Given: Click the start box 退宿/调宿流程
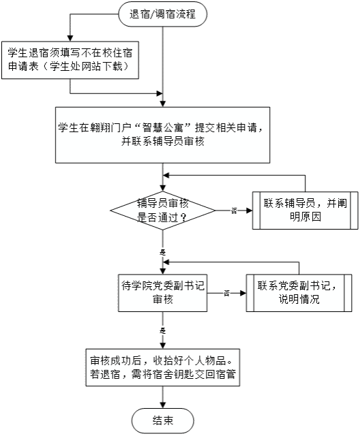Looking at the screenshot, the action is (163, 14).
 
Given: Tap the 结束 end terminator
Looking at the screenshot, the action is (163, 420).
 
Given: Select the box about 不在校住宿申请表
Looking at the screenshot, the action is (70, 60).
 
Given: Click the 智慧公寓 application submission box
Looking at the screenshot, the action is (163, 135).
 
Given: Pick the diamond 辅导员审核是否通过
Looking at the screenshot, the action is (163, 211).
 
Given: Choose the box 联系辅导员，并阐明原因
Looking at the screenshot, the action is (305, 211).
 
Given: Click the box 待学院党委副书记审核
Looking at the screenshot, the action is (163, 293).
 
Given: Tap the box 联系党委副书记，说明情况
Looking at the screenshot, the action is (299, 293).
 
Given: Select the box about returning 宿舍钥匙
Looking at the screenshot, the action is (163, 367).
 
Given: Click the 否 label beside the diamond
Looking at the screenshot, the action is (234, 211).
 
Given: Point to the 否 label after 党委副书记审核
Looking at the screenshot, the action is (227, 293).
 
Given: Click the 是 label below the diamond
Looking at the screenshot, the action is (163, 252).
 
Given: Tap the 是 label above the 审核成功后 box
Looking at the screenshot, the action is (163, 330).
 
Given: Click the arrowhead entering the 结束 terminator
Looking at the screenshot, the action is (163, 405).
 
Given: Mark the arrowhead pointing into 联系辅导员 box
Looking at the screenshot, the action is (250, 211).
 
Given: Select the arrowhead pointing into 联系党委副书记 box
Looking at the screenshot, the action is (243, 293).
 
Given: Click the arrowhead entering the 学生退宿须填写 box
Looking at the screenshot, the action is (70, 38).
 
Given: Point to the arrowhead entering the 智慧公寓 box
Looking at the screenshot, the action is (163, 104).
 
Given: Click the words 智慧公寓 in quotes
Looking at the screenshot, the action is (163, 128).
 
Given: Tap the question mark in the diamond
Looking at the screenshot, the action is (183, 218).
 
